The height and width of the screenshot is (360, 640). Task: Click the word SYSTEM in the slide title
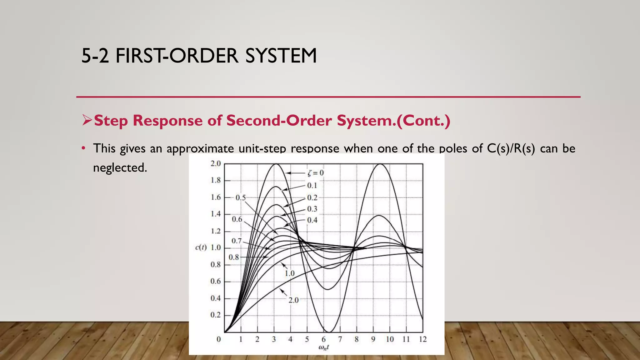click(281, 56)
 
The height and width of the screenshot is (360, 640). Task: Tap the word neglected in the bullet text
click(120, 168)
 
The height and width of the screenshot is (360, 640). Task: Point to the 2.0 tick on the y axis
click(216, 163)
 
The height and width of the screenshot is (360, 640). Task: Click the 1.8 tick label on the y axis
click(216, 180)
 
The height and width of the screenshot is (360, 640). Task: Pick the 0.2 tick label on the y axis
click(216, 315)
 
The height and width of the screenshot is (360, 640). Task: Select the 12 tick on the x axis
click(422, 339)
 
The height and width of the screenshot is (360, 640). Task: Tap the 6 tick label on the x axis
click(323, 339)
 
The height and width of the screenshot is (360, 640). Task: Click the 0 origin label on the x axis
click(219, 339)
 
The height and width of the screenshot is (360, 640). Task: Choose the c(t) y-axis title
click(201, 248)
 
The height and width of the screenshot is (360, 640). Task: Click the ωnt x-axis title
click(323, 347)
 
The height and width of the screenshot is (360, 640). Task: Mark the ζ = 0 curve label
click(316, 173)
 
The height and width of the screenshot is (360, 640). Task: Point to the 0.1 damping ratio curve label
click(312, 186)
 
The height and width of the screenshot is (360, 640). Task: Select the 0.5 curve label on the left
click(241, 198)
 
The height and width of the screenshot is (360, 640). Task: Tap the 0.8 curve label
click(234, 257)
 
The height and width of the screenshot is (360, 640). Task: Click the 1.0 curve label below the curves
click(290, 273)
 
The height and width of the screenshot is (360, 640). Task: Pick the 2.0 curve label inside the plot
click(293, 300)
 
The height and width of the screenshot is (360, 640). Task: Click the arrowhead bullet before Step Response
click(87, 120)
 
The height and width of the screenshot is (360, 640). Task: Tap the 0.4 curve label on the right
click(312, 220)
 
